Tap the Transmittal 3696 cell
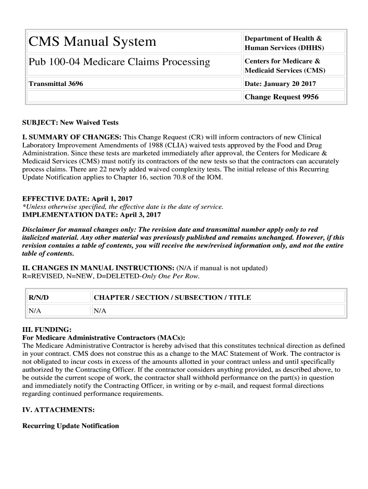coord(56,84)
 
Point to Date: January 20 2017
coord(280,84)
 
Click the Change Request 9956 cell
coord(281,97)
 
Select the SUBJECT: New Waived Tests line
coord(70,123)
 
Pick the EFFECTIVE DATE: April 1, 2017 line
coord(77,199)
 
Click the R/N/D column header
coord(39,298)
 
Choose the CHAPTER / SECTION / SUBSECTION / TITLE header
coord(172,298)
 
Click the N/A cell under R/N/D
coord(35,311)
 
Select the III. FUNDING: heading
coord(47,330)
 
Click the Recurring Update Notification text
coord(71,425)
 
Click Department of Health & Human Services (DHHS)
coord(284,43)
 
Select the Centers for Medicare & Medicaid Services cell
coord(285,65)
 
